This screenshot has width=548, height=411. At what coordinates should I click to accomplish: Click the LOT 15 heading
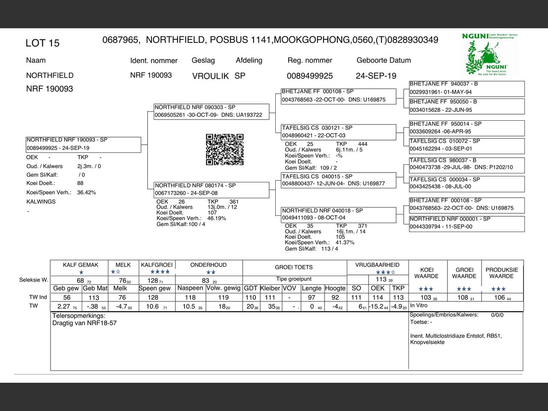pyautogui.click(x=42, y=43)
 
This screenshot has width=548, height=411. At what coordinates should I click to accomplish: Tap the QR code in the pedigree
pyautogui.click(x=225, y=149)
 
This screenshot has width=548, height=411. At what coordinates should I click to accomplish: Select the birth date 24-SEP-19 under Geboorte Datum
pyautogui.click(x=376, y=76)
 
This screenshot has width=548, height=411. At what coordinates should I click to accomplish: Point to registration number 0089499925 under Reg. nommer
pyautogui.click(x=310, y=76)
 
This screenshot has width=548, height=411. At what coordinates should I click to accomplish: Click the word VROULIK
pyautogui.click(x=210, y=76)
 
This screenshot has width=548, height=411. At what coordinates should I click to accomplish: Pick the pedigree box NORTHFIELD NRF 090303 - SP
pyautogui.click(x=211, y=111)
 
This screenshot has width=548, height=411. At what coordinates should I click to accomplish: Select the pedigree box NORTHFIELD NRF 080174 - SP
pyautogui.click(x=211, y=189)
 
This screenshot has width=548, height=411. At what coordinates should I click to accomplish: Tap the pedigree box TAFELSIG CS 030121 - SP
pyautogui.click(x=338, y=131)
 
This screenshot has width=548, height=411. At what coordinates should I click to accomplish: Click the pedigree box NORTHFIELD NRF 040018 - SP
pyautogui.click(x=338, y=214)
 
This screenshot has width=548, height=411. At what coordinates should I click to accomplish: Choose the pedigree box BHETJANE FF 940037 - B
pyautogui.click(x=466, y=88)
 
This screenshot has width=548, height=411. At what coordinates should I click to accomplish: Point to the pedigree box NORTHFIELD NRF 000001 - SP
pyautogui.click(x=466, y=223)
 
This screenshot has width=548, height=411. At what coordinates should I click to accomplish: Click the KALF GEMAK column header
pyautogui.click(x=80, y=265)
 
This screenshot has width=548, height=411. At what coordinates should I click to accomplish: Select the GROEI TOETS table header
pyautogui.click(x=294, y=267)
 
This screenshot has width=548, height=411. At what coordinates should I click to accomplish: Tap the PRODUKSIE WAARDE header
pyautogui.click(x=502, y=273)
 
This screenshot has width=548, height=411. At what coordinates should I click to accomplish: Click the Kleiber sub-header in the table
pyautogui.click(x=270, y=288)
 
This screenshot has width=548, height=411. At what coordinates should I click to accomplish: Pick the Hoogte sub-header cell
pyautogui.click(x=335, y=288)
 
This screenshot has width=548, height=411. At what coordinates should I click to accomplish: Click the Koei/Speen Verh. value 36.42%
pyautogui.click(x=86, y=193)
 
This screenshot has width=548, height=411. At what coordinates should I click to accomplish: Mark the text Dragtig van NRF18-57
pyautogui.click(x=84, y=323)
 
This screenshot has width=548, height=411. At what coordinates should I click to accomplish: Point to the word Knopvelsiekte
pyautogui.click(x=427, y=342)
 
